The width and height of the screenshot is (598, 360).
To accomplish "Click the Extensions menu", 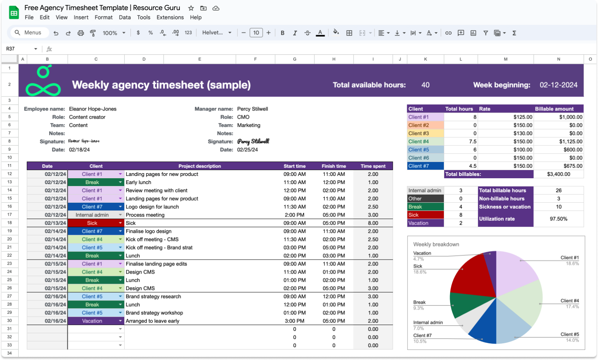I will pyautogui.click(x=170, y=18).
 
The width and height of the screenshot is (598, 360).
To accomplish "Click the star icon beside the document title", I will pyautogui.click(x=191, y=8).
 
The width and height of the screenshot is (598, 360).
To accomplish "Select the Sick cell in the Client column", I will pyautogui.click(x=92, y=223).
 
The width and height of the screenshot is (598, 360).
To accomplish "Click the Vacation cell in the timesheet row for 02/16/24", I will pyautogui.click(x=92, y=321).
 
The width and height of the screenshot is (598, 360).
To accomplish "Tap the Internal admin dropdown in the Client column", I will pyautogui.click(x=92, y=215).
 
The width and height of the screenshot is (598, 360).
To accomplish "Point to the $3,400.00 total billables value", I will pyautogui.click(x=558, y=174).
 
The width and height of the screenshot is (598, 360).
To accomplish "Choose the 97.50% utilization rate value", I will pyautogui.click(x=558, y=219).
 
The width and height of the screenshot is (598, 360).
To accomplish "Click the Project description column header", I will pyautogui.click(x=199, y=166).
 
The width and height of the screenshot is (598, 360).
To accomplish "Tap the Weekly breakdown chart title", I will pyautogui.click(x=436, y=244).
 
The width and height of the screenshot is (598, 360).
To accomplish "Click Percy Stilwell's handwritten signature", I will pyautogui.click(x=253, y=141).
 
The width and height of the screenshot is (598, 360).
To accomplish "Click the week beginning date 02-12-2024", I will pyautogui.click(x=558, y=85).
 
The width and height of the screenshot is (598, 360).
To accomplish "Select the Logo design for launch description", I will pyautogui.click(x=152, y=207).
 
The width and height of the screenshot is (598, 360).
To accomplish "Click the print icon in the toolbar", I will pyautogui.click(x=81, y=33).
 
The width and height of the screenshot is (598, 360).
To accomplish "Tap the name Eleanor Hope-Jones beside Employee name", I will pyautogui.click(x=93, y=109).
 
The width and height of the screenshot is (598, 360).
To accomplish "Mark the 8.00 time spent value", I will pyautogui.click(x=373, y=223).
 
